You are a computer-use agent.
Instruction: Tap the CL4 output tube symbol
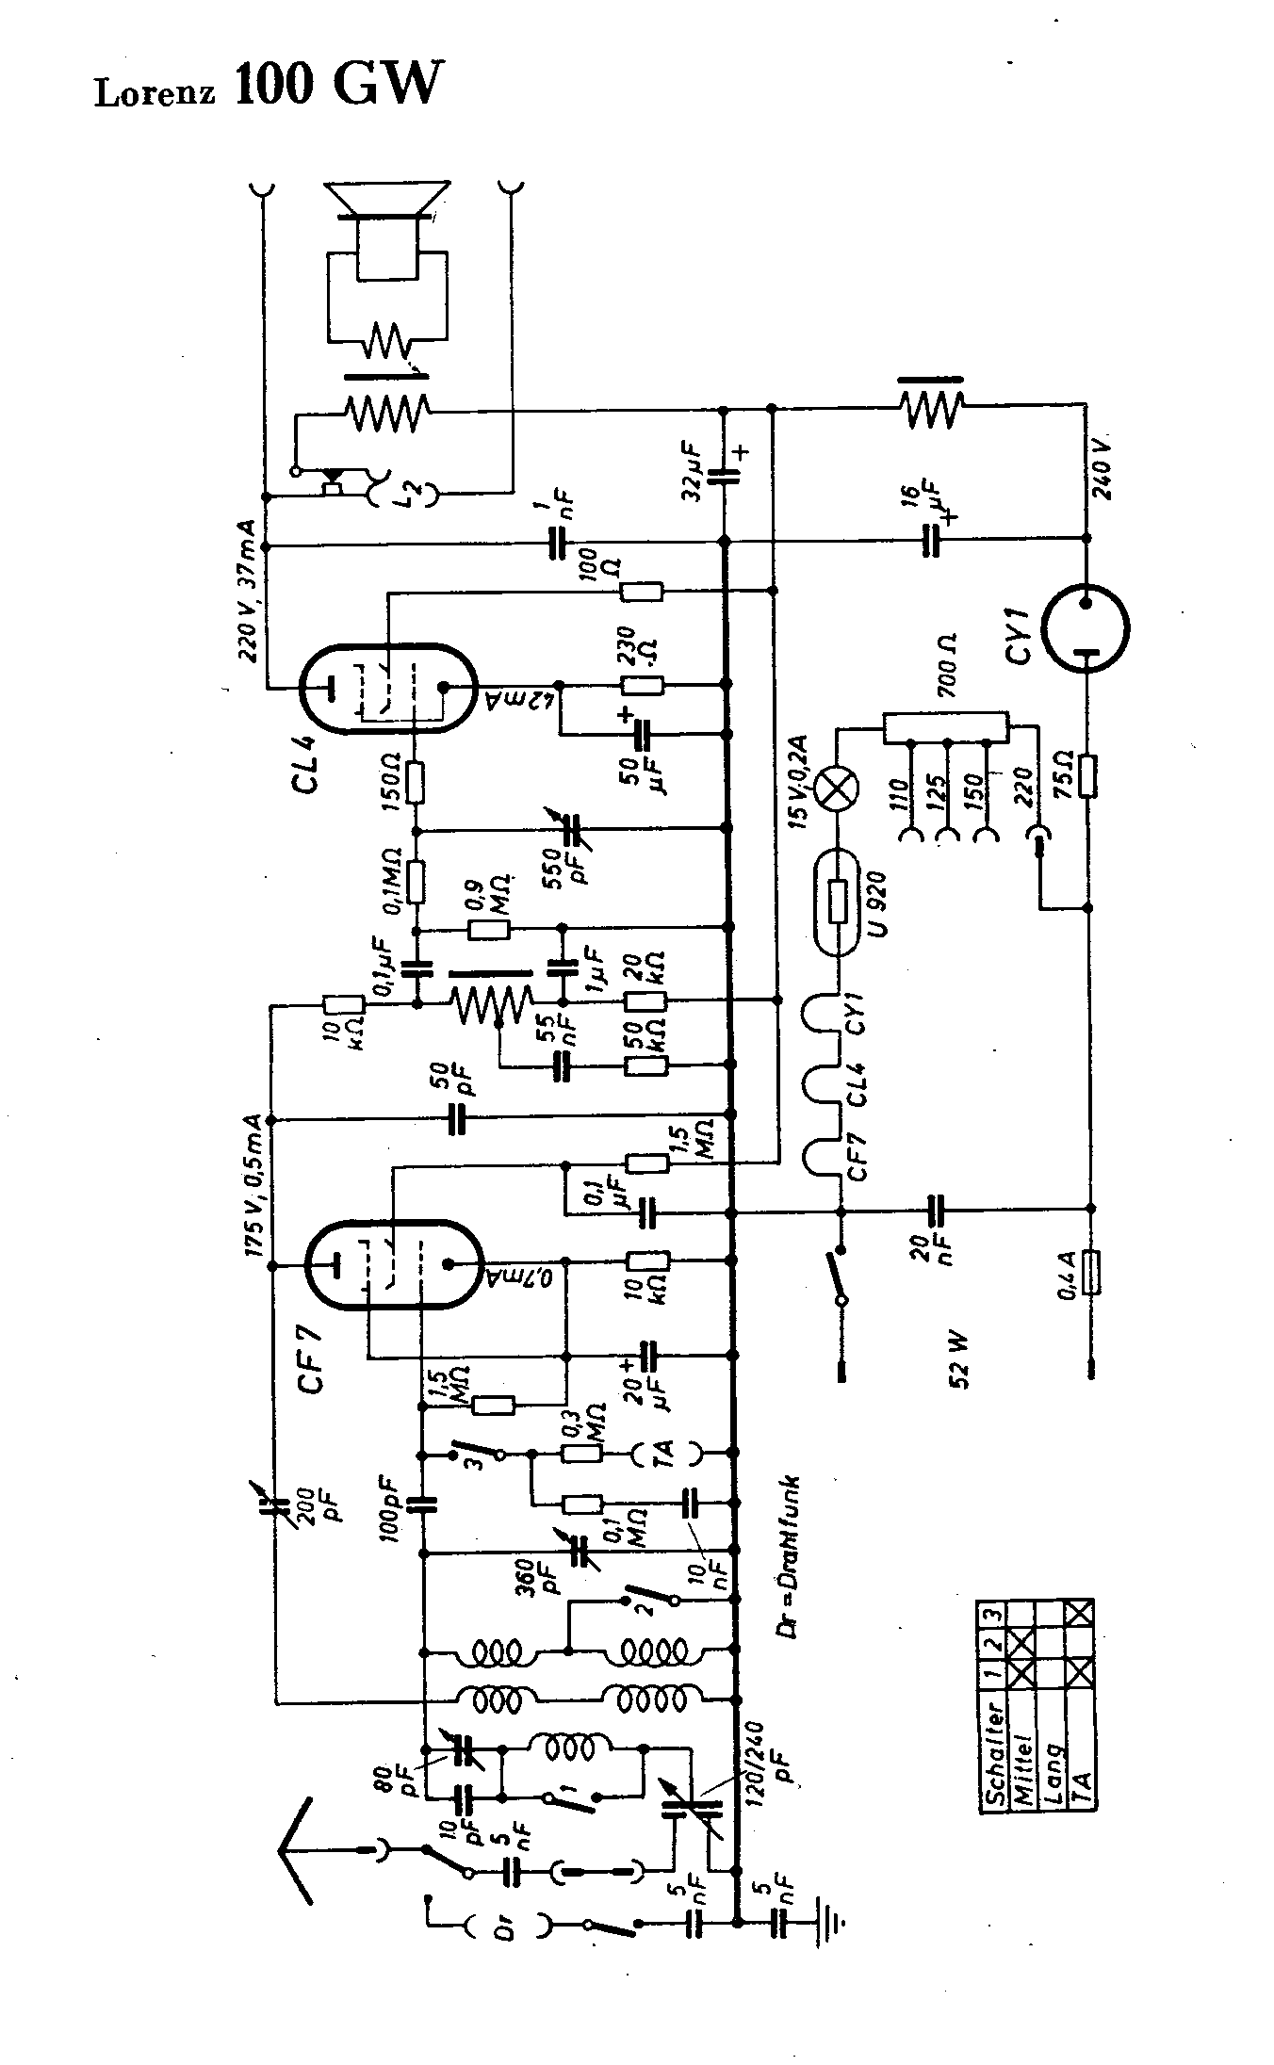coord(386,688)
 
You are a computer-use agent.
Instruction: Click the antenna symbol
coord(301,1850)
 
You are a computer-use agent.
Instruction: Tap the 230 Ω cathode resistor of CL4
coord(641,685)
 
